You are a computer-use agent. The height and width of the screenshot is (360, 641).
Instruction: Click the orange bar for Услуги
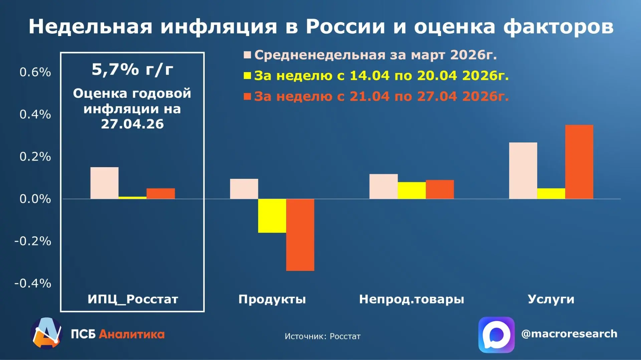579,162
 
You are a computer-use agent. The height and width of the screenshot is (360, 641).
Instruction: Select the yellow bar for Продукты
272,216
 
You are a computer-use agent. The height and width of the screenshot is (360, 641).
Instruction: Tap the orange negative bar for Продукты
300,235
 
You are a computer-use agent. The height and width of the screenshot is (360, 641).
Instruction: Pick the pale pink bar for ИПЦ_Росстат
104,183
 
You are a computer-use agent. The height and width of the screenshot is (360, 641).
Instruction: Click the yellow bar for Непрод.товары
412,191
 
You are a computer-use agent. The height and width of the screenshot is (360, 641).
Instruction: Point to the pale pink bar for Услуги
523,171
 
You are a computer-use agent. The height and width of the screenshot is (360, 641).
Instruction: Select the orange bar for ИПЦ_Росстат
161,194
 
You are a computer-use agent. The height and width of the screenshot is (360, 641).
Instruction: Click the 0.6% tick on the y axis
35,72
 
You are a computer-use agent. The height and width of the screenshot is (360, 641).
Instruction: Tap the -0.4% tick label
33,284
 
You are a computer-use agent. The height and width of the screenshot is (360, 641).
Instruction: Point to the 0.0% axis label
35,199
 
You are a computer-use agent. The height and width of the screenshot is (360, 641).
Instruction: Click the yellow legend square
247,76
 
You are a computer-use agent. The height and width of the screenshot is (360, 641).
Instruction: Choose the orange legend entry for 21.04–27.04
376,96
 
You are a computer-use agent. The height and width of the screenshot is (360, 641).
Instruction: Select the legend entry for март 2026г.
370,55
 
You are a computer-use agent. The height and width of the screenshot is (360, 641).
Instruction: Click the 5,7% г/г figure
133,69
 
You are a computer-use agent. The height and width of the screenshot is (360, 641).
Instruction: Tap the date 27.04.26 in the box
133,124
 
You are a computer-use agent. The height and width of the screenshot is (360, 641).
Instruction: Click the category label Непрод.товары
412,299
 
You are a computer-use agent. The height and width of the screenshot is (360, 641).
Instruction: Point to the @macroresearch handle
569,334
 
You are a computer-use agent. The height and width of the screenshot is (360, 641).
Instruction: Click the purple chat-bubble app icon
496,335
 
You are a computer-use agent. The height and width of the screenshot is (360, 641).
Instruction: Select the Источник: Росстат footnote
323,336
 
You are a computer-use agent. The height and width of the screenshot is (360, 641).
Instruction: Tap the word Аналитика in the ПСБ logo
132,334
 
